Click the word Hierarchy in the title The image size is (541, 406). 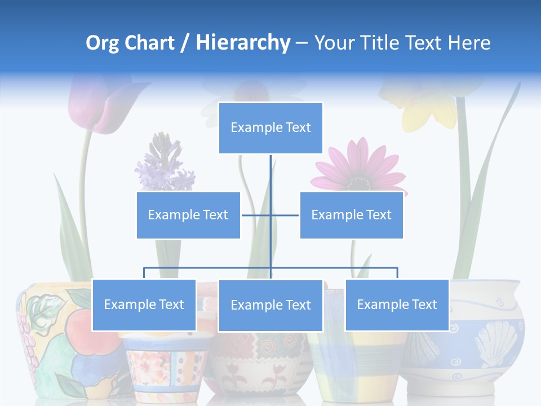242,43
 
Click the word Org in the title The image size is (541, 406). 102,43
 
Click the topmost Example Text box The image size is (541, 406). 270,128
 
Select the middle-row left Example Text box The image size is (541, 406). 188,215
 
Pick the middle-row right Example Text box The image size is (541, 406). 351,215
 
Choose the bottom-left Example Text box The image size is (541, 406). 144,304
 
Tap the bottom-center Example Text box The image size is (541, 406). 270,305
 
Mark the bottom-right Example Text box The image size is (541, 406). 397,304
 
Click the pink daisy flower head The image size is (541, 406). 358,166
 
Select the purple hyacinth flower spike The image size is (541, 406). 163,161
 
